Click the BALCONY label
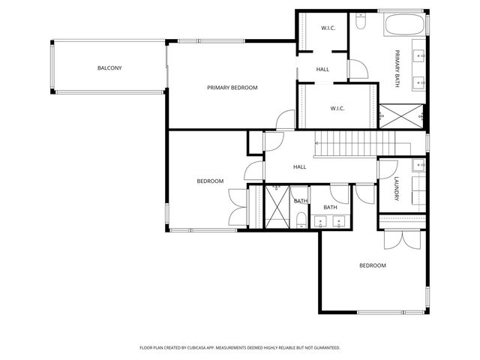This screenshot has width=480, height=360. click(109, 68)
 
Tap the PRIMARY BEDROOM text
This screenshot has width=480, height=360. click(232, 88)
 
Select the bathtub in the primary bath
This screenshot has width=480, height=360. click(404, 25)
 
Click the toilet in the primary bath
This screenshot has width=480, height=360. click(361, 21)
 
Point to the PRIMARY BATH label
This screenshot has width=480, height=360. click(397, 69)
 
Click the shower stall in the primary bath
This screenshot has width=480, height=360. click(401, 116)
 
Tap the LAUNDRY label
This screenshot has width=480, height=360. click(397, 189)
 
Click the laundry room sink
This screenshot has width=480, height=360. click(418, 165)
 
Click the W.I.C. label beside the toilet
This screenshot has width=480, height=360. click(328, 28)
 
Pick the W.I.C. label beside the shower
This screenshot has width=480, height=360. click(337, 108)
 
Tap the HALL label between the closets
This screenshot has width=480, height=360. click(322, 70)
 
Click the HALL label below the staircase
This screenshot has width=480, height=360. click(300, 166)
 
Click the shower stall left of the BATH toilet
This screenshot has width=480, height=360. click(277, 207)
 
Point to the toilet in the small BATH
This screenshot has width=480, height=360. click(301, 220)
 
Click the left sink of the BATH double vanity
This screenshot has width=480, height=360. click(320, 222)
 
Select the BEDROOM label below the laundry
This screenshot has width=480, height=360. click(373, 265)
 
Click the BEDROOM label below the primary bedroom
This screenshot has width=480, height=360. click(210, 181)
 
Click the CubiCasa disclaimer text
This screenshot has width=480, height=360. click(240, 348)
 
